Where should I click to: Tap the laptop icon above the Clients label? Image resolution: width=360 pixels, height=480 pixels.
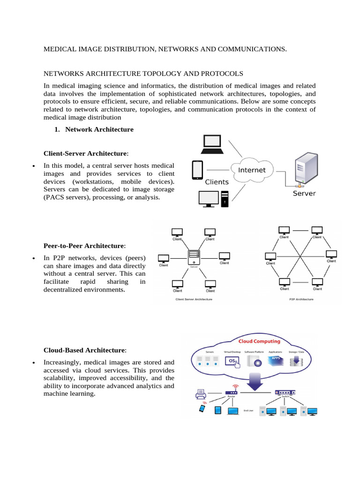pos(215,144)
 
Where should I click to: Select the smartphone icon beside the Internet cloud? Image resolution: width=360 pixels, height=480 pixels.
pos(197,171)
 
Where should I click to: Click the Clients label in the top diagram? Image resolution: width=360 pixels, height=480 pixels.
pos(217,182)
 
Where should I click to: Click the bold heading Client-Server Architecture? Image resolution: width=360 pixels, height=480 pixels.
pos(85,153)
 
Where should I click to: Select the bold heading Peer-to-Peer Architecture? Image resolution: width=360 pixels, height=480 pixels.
pos(84,246)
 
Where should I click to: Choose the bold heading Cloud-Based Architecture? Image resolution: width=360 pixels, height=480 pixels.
pos(84,350)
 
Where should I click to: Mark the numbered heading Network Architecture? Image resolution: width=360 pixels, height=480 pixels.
pos(99,129)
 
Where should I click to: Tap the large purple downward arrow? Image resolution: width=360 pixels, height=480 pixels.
pos(255,380)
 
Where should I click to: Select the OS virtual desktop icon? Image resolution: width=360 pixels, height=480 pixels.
pos(232,361)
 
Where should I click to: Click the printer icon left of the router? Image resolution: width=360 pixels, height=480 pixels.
pos(201,395)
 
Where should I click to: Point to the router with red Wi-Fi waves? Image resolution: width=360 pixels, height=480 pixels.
pos(231,391)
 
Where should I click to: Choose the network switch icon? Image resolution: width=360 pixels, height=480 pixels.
pos(285,392)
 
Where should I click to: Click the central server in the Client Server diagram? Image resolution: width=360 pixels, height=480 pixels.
pos(194,257)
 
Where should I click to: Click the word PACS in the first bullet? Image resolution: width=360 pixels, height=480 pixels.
pos(55,197)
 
